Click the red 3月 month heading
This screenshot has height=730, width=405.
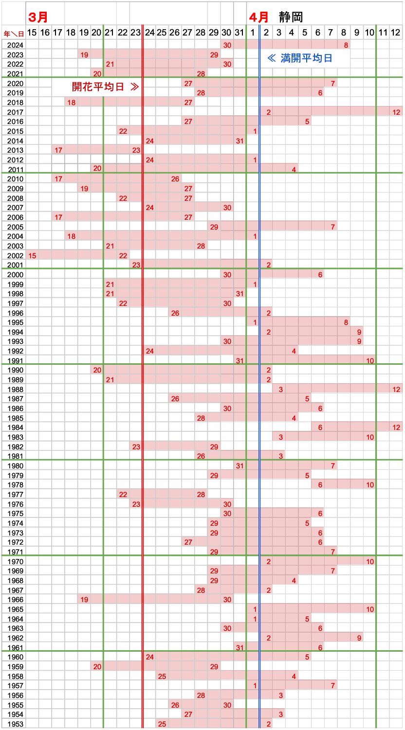38,17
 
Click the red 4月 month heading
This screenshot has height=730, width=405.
258,17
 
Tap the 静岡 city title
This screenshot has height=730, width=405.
291,17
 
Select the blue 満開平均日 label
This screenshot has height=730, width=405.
300,58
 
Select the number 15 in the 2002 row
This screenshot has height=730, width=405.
32,256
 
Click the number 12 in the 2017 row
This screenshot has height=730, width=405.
396,112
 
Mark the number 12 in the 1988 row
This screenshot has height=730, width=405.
396,389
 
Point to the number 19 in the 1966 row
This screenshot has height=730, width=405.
84,600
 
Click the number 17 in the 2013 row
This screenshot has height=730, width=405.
58,150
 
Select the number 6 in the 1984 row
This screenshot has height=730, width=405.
320,427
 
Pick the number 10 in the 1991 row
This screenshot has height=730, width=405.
370,360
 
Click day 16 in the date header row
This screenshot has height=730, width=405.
45,33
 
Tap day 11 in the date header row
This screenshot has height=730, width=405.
383,33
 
